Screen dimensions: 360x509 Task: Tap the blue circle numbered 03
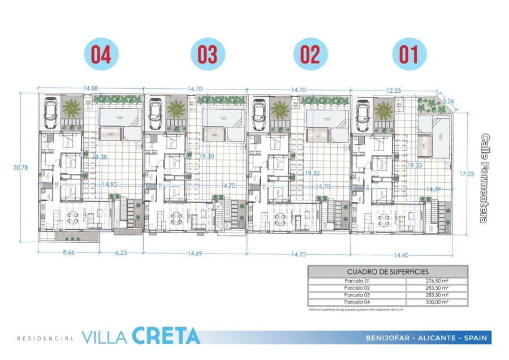208,55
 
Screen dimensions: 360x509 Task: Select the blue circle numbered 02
310,55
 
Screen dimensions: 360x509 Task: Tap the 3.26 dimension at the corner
448,101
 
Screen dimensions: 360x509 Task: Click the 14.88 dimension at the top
90,88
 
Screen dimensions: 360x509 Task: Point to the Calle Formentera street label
485,178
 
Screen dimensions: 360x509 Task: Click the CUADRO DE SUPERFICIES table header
387,272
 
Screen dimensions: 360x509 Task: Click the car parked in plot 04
50,112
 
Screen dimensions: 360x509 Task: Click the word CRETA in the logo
166,336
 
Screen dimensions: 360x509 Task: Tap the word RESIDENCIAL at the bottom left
45,338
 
